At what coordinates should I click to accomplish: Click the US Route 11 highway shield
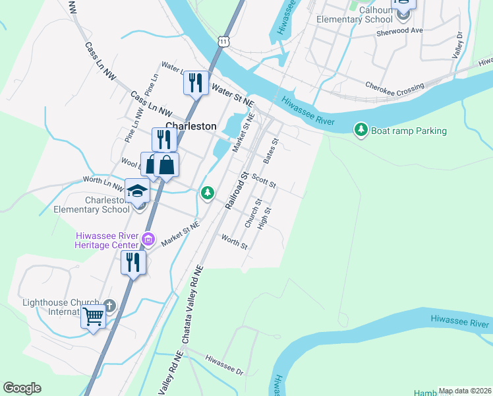click(x=225, y=41)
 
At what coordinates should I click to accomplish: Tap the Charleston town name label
click(x=190, y=125)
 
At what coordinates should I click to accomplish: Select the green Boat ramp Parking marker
click(x=361, y=130)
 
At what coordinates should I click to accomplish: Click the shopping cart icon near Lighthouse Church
click(x=93, y=317)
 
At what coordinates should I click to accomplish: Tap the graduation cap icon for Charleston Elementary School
click(x=137, y=191)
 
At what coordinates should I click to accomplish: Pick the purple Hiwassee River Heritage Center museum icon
click(x=148, y=239)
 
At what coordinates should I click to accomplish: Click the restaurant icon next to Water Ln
click(x=195, y=82)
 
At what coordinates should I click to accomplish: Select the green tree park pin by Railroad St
click(x=208, y=193)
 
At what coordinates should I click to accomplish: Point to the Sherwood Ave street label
click(x=399, y=31)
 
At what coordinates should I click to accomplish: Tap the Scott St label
click(x=263, y=180)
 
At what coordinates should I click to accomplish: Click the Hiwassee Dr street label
click(x=224, y=364)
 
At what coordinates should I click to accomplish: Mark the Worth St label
click(x=234, y=242)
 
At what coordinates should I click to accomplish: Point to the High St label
click(x=266, y=218)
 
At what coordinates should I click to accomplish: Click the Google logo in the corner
click(x=22, y=387)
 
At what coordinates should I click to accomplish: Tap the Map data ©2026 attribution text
click(x=465, y=391)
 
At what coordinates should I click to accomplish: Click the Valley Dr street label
click(x=458, y=45)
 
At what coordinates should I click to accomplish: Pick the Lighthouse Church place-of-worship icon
click(x=109, y=306)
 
